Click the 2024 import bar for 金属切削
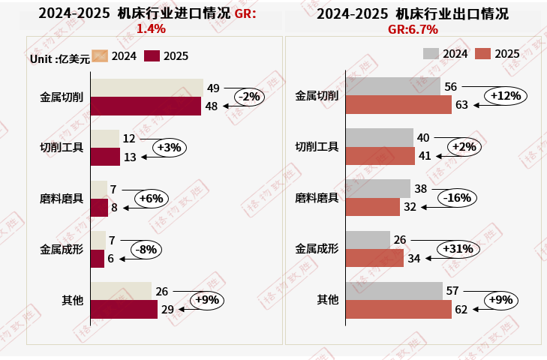[x=147, y=88]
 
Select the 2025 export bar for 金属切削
[x=398, y=105]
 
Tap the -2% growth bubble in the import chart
[x=249, y=97]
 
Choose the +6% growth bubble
[x=152, y=198]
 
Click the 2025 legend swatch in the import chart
[x=152, y=56]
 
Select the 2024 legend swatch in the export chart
[x=431, y=53]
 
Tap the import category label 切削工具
[x=62, y=147]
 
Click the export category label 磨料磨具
[x=317, y=198]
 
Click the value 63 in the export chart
[x=461, y=105]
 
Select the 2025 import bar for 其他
[x=124, y=309]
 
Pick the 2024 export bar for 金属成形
[x=368, y=240]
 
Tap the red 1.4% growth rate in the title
[x=151, y=28]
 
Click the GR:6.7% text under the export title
[x=413, y=29]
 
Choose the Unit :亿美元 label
[x=59, y=58]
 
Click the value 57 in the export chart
[x=452, y=290]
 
